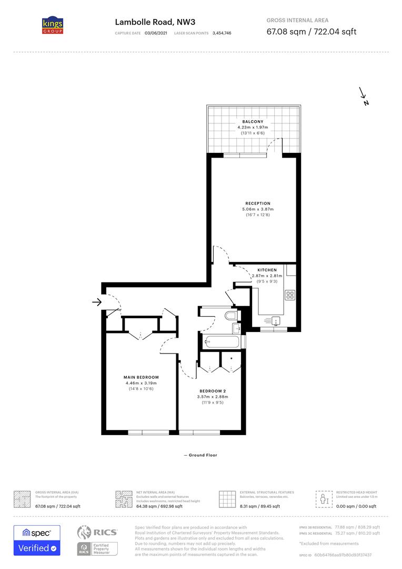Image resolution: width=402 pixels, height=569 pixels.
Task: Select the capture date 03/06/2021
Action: click(155, 33)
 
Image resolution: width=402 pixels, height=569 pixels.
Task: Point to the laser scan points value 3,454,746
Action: click(222, 33)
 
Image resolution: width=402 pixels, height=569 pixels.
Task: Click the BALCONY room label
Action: click(253, 122)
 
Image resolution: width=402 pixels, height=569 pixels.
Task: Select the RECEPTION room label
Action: click(258, 203)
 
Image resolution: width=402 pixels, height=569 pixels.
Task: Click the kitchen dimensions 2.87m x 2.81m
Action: click(267, 276)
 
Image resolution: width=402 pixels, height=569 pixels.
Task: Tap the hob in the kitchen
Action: click(290, 295)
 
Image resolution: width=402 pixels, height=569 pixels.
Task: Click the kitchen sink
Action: click(277, 319)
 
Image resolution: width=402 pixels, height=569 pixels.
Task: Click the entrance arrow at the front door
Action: click(96, 302)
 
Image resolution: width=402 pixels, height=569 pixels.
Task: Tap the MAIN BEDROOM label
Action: click(141, 377)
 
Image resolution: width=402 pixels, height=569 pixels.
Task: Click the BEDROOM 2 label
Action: click(213, 390)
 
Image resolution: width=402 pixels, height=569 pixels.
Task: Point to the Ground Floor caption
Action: click(200, 455)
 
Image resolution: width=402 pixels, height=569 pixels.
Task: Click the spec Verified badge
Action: click(37, 540)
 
